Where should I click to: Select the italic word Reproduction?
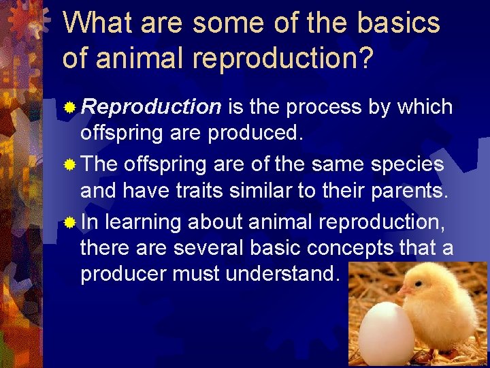[151, 107]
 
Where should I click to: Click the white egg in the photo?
[387, 334]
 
